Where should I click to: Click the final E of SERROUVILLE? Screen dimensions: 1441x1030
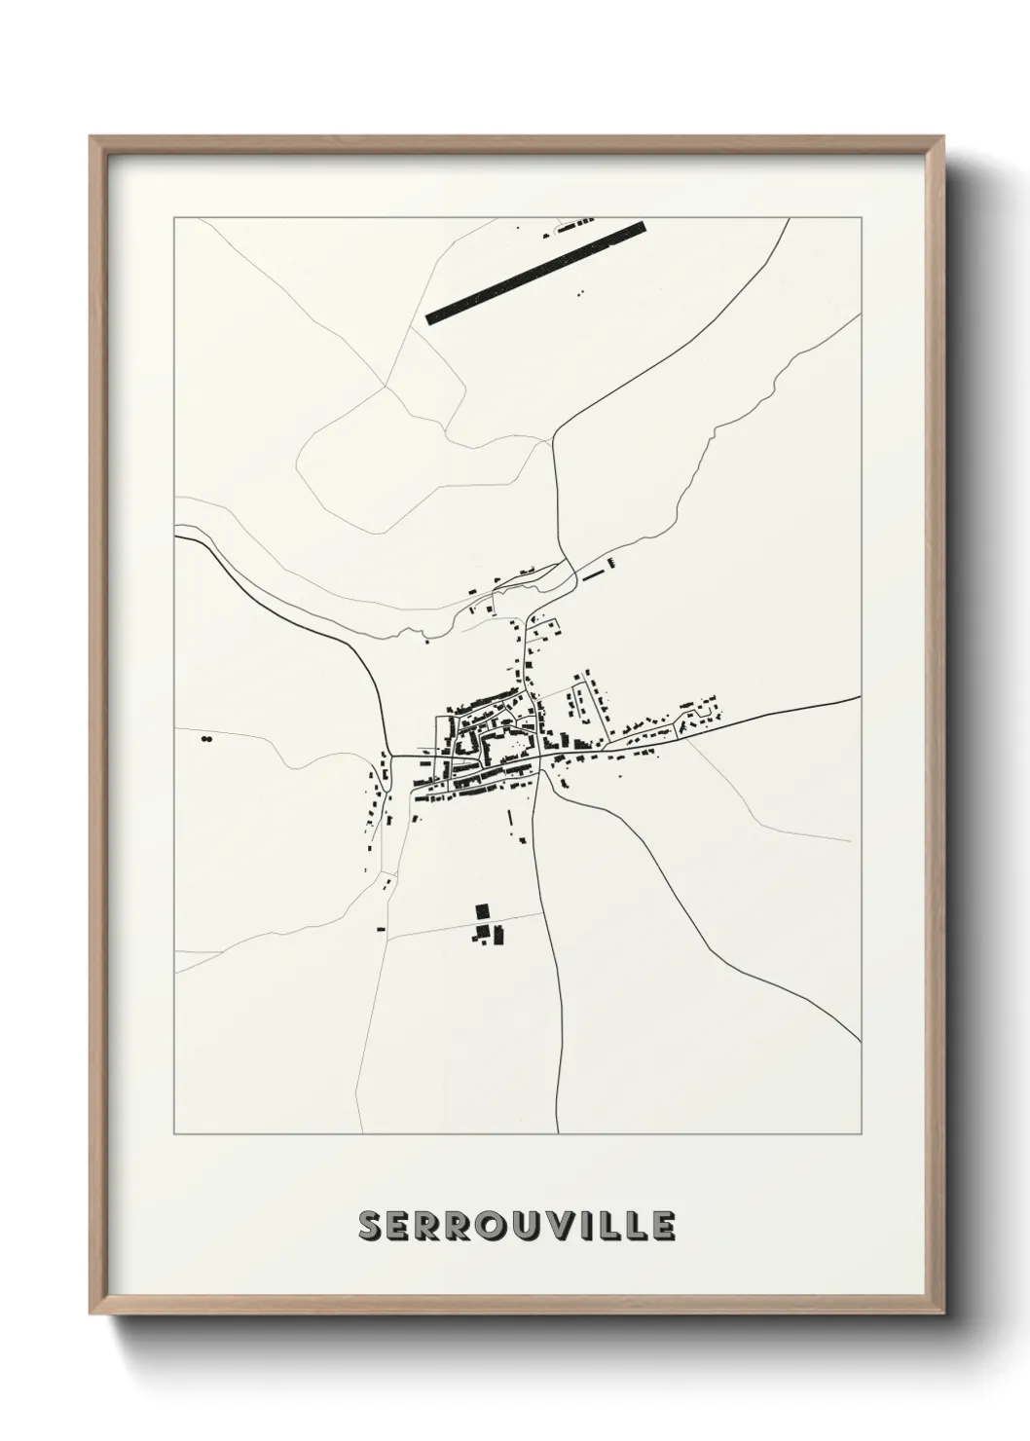(664, 1226)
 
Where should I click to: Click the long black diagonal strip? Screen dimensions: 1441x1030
(536, 272)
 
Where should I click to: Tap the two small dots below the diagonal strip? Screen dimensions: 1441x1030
(582, 291)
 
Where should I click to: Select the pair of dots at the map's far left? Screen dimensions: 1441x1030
(205, 740)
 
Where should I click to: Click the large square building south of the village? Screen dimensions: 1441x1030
(481, 911)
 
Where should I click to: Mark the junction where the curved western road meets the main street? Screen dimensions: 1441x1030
(389, 754)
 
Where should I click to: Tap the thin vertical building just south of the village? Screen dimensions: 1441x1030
(508, 820)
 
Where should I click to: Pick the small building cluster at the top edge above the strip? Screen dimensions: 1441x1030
(570, 227)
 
